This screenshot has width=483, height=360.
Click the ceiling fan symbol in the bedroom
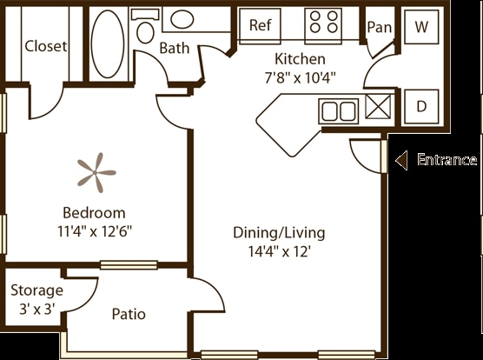pyautogui.click(x=96, y=172)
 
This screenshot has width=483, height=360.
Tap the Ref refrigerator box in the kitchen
pyautogui.click(x=261, y=26)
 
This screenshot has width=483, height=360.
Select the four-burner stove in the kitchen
pyautogui.click(x=323, y=26)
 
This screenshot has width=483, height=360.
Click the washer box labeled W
pyautogui.click(x=421, y=27)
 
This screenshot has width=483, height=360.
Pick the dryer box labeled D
pyautogui.click(x=421, y=107)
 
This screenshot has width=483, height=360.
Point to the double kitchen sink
pyautogui.click(x=339, y=111)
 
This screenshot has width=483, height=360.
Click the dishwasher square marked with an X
pyautogui.click(x=378, y=107)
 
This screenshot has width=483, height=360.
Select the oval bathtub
pyautogui.click(x=108, y=43)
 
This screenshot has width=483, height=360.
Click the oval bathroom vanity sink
pyautogui.click(x=182, y=19)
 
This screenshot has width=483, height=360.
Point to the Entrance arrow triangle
pyautogui.click(x=401, y=160)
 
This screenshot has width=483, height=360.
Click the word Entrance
pyautogui.click(x=447, y=160)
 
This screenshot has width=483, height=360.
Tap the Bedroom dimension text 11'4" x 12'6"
pyautogui.click(x=95, y=231)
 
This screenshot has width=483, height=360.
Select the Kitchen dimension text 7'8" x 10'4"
pyautogui.click(x=300, y=77)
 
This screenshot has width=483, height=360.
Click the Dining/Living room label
pyautogui.click(x=279, y=233)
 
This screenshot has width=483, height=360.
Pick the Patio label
pyautogui.click(x=129, y=314)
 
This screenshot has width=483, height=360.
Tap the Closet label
pyautogui.click(x=45, y=46)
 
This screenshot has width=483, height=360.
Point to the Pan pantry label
pyautogui.click(x=380, y=27)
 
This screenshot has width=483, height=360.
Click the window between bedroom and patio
pyautogui.click(x=129, y=265)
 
